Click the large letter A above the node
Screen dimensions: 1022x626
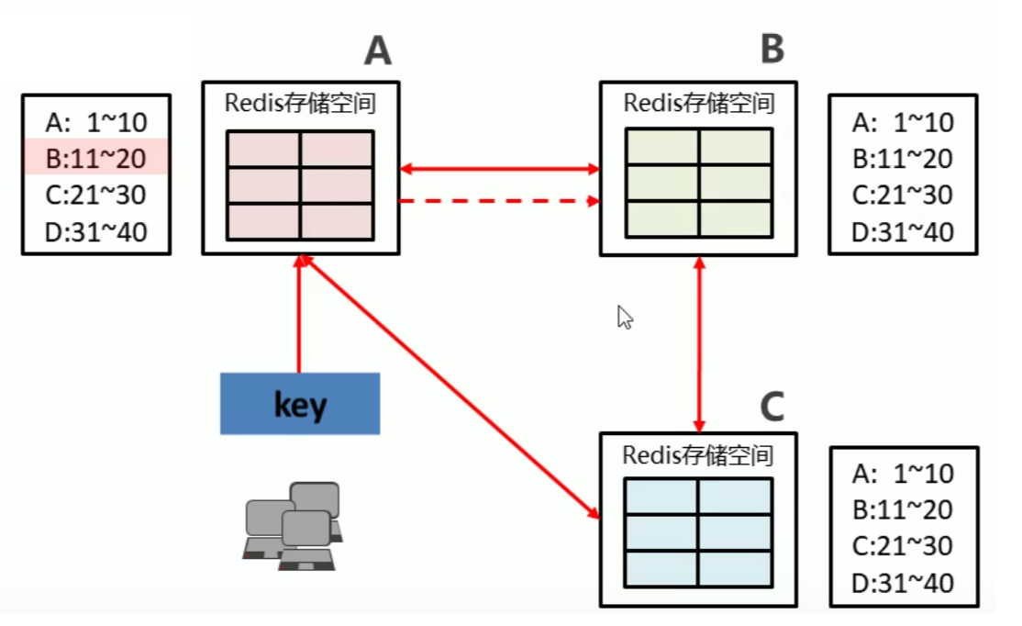click(378, 50)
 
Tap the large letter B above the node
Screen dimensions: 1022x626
click(772, 49)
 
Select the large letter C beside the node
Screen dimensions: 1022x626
click(772, 407)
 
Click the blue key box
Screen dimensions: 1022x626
click(300, 404)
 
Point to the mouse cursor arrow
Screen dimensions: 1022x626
click(625, 318)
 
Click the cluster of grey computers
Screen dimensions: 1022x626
click(294, 526)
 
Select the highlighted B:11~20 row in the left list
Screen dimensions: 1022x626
click(95, 157)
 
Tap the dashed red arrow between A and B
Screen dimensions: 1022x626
click(500, 201)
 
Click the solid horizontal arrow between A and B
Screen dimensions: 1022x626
click(500, 169)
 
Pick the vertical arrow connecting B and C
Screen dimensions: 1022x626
click(699, 344)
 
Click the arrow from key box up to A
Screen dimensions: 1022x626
click(299, 314)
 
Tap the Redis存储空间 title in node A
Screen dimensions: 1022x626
click(301, 103)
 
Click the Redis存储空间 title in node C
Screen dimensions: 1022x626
click(698, 455)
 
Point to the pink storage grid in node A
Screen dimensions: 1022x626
click(301, 185)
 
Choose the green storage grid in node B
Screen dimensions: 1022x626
click(699, 184)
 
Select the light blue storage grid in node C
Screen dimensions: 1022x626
click(699, 532)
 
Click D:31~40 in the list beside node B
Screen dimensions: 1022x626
click(903, 232)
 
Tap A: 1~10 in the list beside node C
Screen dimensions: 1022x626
click(903, 474)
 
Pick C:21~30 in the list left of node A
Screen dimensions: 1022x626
click(95, 195)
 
